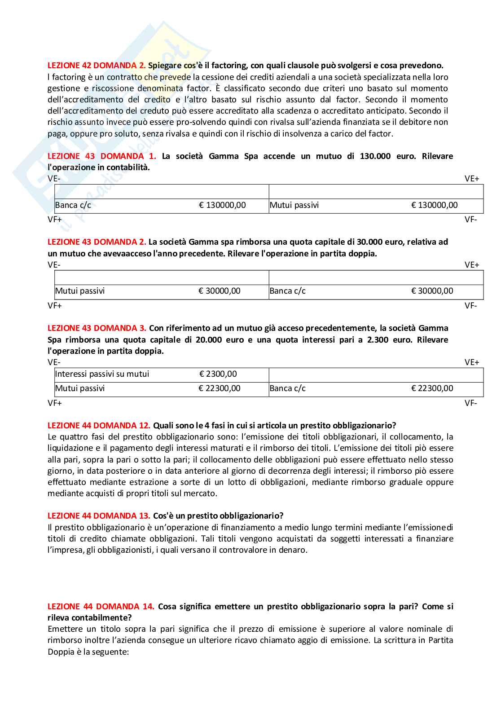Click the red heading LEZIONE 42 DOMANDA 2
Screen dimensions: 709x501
[97, 66]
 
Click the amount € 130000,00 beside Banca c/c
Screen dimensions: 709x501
[222, 205]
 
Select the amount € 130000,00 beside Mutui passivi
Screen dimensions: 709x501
[434, 205]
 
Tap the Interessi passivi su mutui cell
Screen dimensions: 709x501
[102, 374]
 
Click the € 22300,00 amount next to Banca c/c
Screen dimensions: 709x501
[432, 388]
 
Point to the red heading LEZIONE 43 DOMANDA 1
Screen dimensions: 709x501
[101, 156]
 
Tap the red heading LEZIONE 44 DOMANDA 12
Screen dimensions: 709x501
[99, 426]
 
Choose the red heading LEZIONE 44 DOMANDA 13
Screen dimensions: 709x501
[99, 516]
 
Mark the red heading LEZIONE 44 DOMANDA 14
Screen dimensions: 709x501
[101, 607]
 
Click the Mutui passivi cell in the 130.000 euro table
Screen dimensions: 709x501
[294, 205]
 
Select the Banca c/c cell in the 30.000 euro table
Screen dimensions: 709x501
[287, 291]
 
